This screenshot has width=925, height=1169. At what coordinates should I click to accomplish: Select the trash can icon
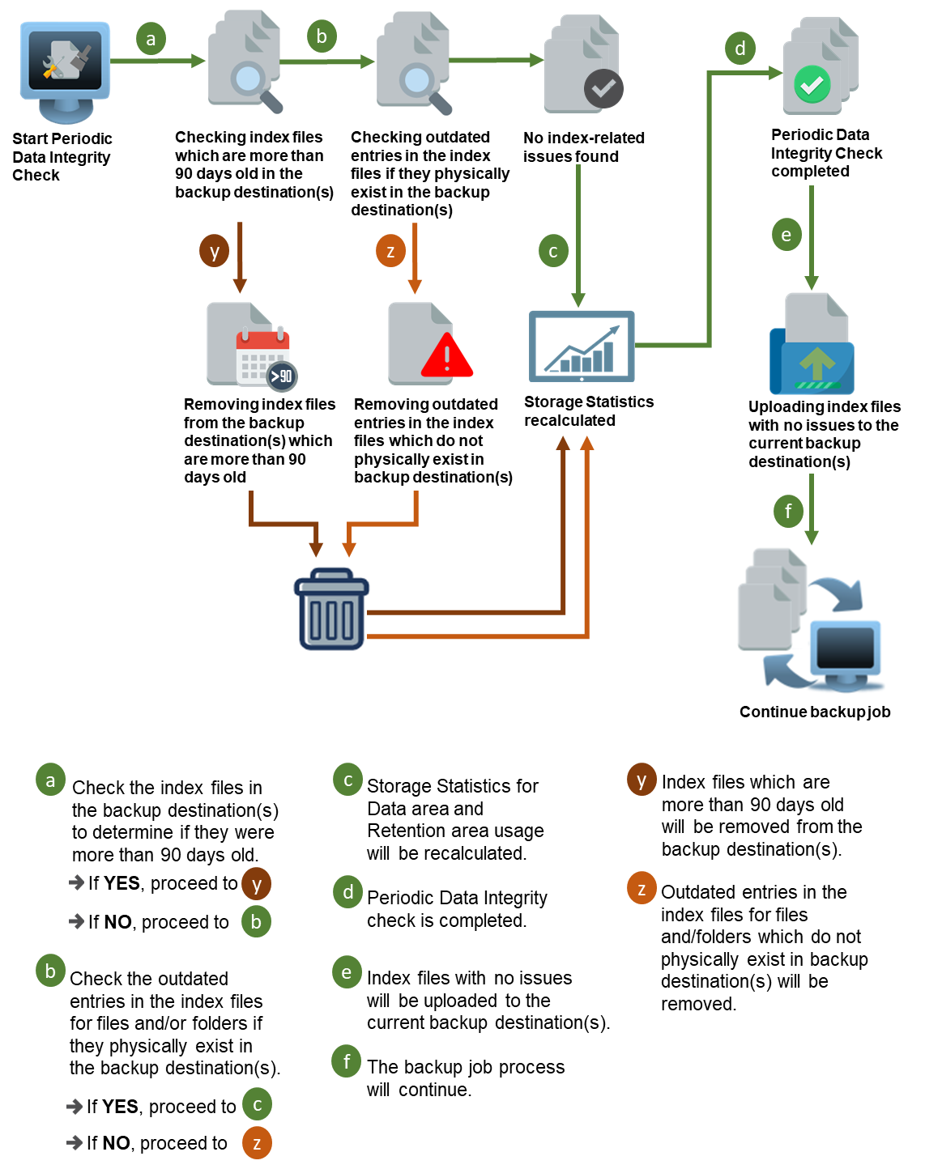pyautogui.click(x=331, y=611)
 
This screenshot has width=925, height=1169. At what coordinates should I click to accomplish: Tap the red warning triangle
pyautogui.click(x=446, y=356)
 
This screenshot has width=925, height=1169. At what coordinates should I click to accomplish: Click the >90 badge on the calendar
pyautogui.click(x=282, y=376)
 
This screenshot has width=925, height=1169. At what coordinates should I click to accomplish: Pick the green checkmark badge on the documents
pyautogui.click(x=812, y=85)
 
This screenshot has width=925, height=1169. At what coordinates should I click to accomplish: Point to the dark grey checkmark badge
pyautogui.click(x=603, y=88)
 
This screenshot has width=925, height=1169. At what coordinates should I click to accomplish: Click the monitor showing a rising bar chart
pyautogui.click(x=582, y=346)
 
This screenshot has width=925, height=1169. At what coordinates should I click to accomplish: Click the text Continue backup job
pyautogui.click(x=815, y=711)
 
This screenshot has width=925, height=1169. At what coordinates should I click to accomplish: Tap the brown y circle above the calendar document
pyautogui.click(x=215, y=251)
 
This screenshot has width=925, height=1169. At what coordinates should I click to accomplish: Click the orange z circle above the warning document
pyautogui.click(x=390, y=251)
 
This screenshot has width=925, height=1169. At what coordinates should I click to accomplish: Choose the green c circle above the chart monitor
pyautogui.click(x=553, y=251)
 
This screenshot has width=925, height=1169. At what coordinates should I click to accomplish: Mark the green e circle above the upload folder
pyautogui.click(x=786, y=235)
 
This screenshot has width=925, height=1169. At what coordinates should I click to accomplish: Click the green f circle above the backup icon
pyautogui.click(x=788, y=511)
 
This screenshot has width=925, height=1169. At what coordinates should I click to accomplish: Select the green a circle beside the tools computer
pyautogui.click(x=151, y=39)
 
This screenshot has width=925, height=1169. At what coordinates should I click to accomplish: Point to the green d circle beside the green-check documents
pyautogui.click(x=740, y=49)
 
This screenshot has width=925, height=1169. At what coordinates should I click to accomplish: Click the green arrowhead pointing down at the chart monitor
pyautogui.click(x=578, y=300)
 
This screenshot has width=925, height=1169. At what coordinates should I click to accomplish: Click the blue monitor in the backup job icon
pyautogui.click(x=845, y=652)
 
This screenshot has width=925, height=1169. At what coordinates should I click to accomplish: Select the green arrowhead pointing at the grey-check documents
pyautogui.click(x=536, y=61)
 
